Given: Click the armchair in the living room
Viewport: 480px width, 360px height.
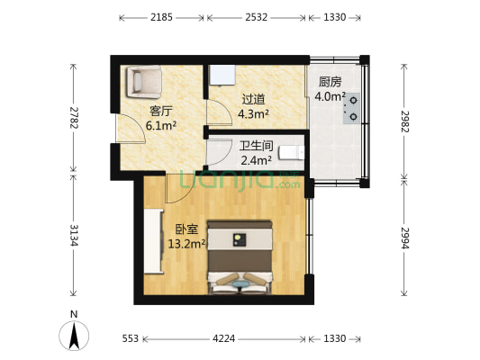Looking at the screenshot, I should click(143, 82).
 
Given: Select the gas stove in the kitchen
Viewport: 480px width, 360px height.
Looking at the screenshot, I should click(351, 109).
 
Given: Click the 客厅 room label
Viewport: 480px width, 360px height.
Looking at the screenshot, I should click(161, 112).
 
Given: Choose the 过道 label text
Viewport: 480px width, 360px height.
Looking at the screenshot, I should click(253, 99).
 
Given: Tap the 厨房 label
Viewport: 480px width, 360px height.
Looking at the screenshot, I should click(331, 81).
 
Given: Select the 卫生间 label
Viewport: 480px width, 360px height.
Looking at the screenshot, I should click(256, 146).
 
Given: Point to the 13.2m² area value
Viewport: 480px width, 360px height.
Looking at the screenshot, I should click(191, 243).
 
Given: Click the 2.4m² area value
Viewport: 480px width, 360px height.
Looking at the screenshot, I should click(256, 161).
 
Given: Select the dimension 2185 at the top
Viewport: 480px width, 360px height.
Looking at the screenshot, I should click(162, 17).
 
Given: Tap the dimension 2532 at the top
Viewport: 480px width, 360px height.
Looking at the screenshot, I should click(257, 17).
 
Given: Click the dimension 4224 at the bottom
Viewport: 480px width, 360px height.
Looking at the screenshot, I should click(223, 338).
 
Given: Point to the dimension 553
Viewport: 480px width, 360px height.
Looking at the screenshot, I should click(131, 338).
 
